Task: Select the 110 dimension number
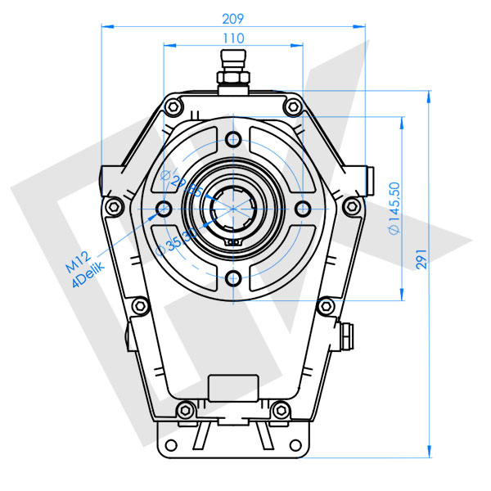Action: pyautogui.click(x=234, y=38)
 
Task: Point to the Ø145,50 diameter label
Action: pyautogui.click(x=394, y=209)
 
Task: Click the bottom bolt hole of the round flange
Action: pyautogui.click(x=234, y=277)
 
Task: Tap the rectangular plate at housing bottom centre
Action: pyautogui.click(x=233, y=389)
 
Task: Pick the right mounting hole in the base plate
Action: pyautogui.click(x=300, y=447)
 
